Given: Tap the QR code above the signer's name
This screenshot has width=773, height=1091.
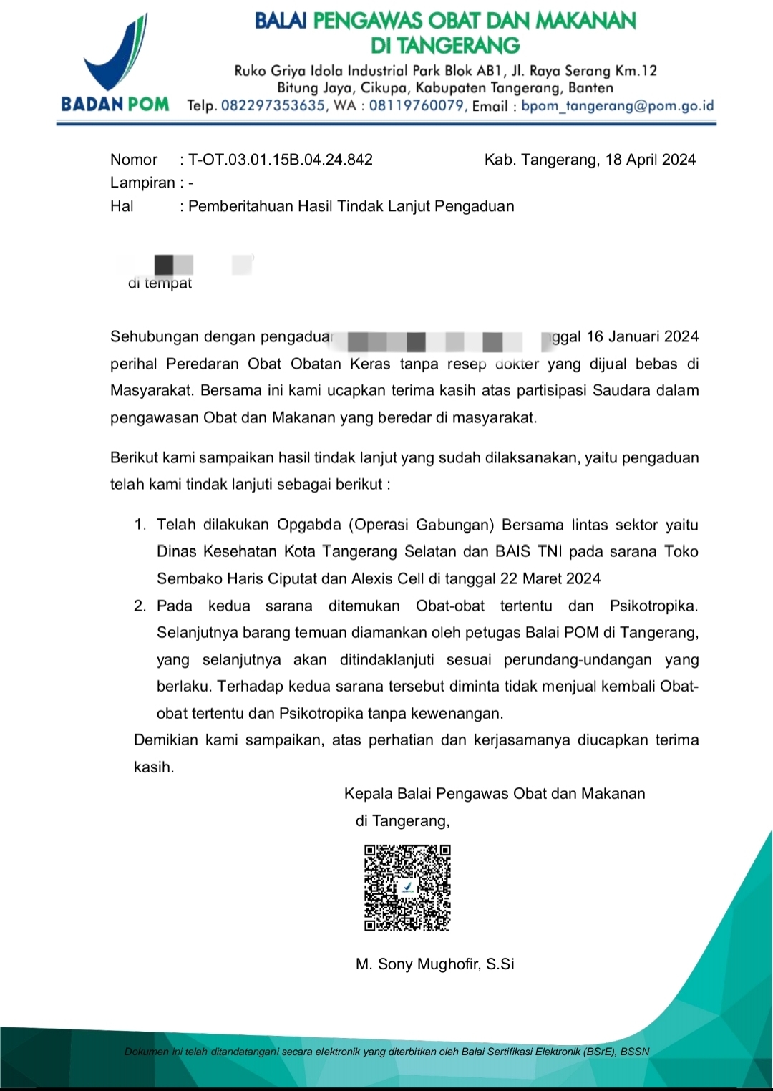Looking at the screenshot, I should pos(407,888).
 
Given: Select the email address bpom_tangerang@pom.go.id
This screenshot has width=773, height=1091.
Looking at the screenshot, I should pos(617,106).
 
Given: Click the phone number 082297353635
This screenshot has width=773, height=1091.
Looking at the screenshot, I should pos(273,106).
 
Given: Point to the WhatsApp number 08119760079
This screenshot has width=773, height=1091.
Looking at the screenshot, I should pos(417,106).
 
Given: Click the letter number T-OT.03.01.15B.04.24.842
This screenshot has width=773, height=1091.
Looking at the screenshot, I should pos(281,160).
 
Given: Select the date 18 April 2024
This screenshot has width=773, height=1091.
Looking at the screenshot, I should pos(650,160).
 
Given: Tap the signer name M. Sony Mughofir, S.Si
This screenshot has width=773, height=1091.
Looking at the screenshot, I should pos(434,964).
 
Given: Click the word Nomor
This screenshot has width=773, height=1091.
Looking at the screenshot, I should pos(134,160).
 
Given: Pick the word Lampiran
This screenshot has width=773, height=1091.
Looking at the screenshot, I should pos(142,183).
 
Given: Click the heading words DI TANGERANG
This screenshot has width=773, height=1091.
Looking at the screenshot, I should pos(445,46).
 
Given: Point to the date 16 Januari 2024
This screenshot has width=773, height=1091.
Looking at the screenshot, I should pos(642,337).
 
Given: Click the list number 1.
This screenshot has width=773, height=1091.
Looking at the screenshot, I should pos(139,525).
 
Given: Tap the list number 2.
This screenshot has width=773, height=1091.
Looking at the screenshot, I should pos(140,606).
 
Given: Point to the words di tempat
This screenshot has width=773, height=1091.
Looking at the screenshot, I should pos(160,283).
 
